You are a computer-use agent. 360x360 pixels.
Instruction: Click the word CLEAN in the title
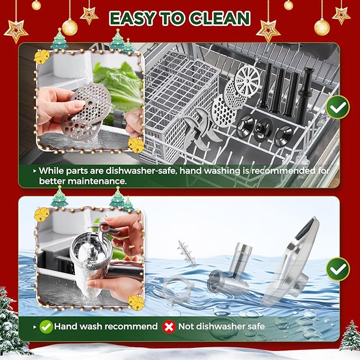tap(219, 18)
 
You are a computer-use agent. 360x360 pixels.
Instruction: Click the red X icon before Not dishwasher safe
tap(169, 327)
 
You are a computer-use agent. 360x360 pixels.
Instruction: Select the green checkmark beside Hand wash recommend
tap(46, 327)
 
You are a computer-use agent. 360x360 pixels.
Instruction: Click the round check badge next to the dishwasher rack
tap(338, 107)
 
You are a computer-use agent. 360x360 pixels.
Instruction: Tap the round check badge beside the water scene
tap(338, 269)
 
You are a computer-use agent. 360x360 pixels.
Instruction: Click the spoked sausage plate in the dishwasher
tap(248, 80)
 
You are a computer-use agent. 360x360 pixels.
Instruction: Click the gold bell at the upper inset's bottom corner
tap(136, 145)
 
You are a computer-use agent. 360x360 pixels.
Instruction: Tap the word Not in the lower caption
tap(186, 326)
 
